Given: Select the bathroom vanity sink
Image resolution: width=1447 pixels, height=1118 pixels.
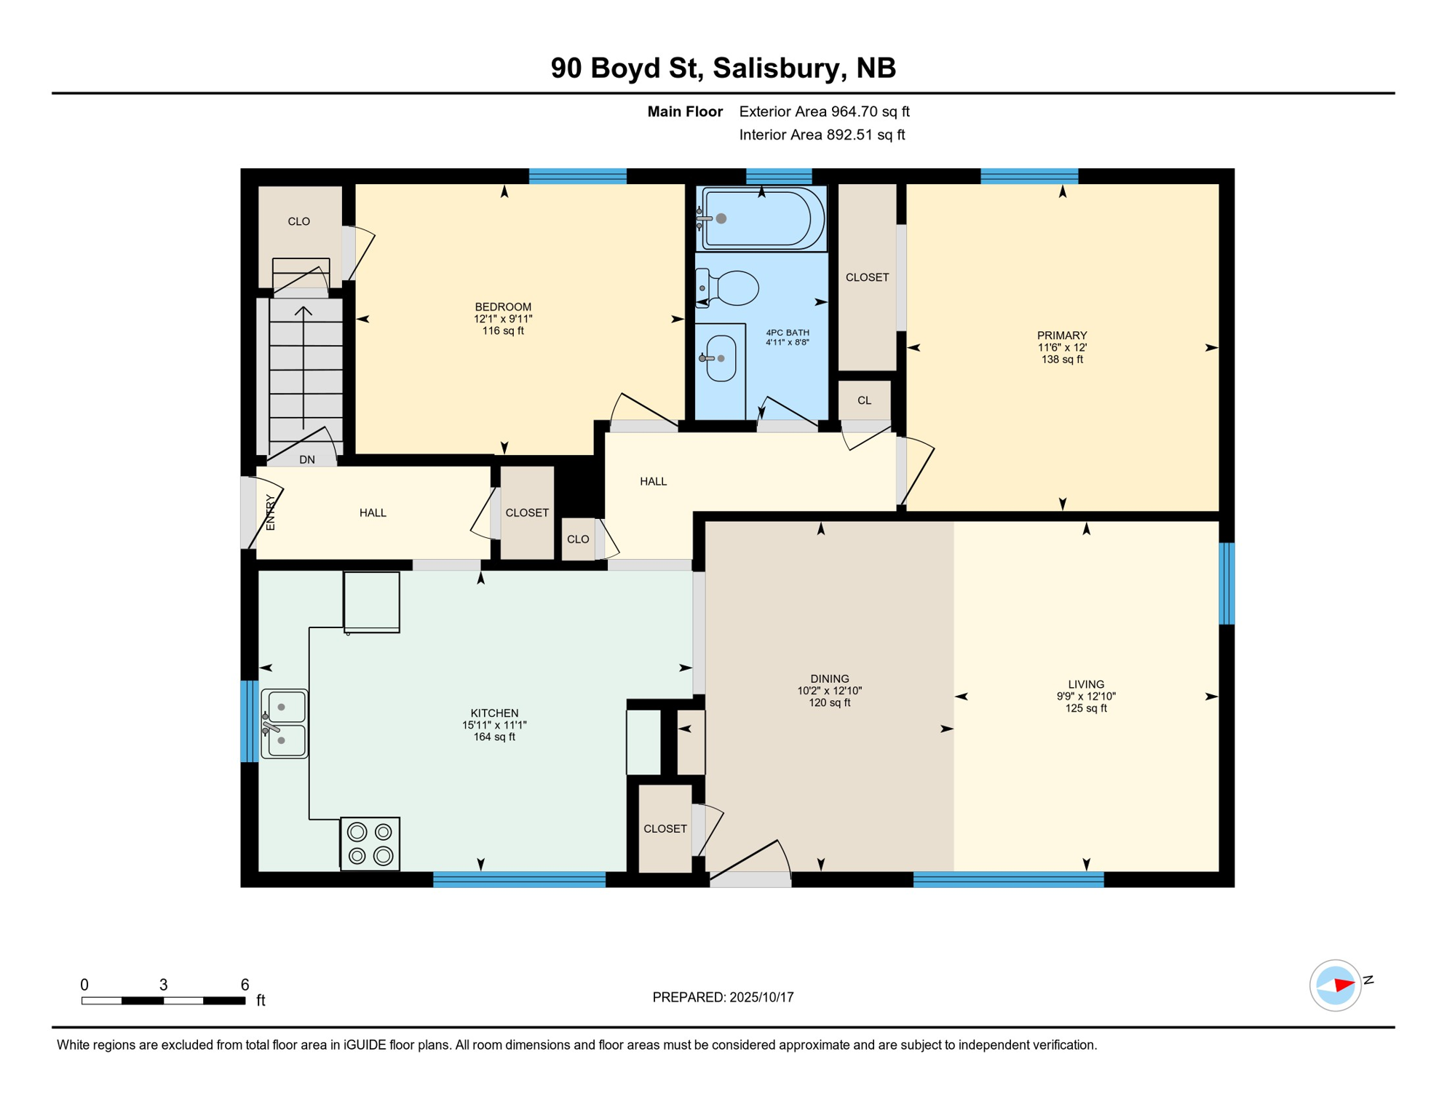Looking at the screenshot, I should (x=720, y=358).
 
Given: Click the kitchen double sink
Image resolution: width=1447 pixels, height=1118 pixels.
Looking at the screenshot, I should (x=284, y=723).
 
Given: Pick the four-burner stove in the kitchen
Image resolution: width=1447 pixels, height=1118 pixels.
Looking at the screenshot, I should (x=370, y=844).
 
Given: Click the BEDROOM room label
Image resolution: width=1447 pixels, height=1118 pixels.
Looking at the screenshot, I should (x=502, y=306).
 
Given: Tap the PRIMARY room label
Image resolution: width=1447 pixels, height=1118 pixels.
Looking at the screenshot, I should (x=1061, y=336).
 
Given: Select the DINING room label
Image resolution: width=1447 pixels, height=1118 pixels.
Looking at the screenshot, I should (x=829, y=678).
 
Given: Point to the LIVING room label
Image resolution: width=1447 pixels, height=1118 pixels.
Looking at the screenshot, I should (x=1085, y=684).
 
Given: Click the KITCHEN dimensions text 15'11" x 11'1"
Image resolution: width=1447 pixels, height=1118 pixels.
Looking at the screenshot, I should (x=493, y=725).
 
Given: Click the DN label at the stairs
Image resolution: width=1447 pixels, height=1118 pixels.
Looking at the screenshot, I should (x=307, y=459).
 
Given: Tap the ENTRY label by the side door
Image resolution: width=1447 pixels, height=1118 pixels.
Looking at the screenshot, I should (x=271, y=512).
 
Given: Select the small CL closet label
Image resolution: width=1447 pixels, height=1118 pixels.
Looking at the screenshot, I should (x=864, y=400).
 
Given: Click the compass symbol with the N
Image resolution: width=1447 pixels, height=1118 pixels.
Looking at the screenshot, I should (x=1335, y=986).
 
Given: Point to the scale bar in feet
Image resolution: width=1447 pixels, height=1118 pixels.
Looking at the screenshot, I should (x=163, y=1001).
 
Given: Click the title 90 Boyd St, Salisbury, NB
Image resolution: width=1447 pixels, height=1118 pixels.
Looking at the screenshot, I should (x=723, y=68).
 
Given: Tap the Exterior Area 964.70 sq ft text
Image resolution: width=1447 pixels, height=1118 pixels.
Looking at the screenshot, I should (x=824, y=111).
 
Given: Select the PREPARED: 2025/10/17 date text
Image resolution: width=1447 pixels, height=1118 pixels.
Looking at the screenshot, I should (x=723, y=997).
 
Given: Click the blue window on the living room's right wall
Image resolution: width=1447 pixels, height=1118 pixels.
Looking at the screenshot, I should (x=1226, y=583).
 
